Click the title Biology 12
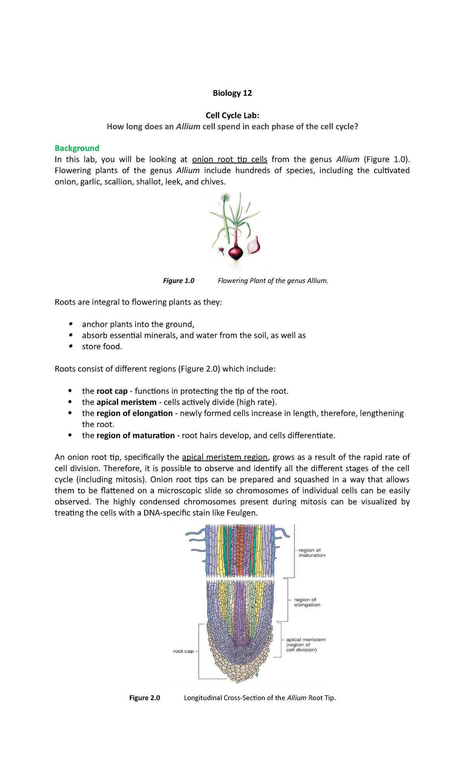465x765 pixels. (232, 93)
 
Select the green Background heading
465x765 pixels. (77, 148)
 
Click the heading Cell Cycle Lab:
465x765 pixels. (232, 115)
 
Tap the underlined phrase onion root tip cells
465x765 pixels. (229, 160)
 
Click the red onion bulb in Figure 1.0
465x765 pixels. (236, 252)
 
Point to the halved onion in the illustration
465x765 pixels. (254, 245)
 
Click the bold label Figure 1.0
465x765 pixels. (179, 281)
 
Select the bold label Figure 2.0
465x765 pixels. (145, 698)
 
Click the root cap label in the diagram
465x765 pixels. (183, 651)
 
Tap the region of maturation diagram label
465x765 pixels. (312, 553)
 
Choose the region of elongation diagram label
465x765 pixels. (307, 602)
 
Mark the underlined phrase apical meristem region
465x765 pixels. (225, 457)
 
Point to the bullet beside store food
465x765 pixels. (70, 346)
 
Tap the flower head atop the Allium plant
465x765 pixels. (225, 198)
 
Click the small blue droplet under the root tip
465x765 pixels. (257, 675)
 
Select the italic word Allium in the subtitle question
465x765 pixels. (188, 127)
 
